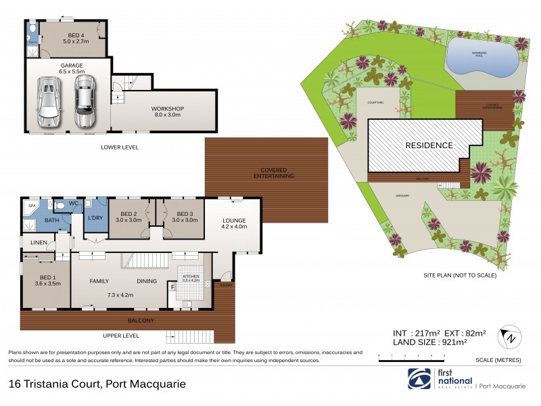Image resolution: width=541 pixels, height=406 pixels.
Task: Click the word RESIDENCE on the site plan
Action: (429, 145)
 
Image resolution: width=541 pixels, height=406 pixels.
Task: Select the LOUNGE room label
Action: (233, 221)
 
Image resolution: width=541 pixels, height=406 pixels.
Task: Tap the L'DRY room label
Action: (95, 218)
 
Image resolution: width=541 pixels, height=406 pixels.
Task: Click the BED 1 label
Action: (47, 277)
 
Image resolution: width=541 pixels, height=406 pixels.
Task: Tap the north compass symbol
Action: (509, 336)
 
